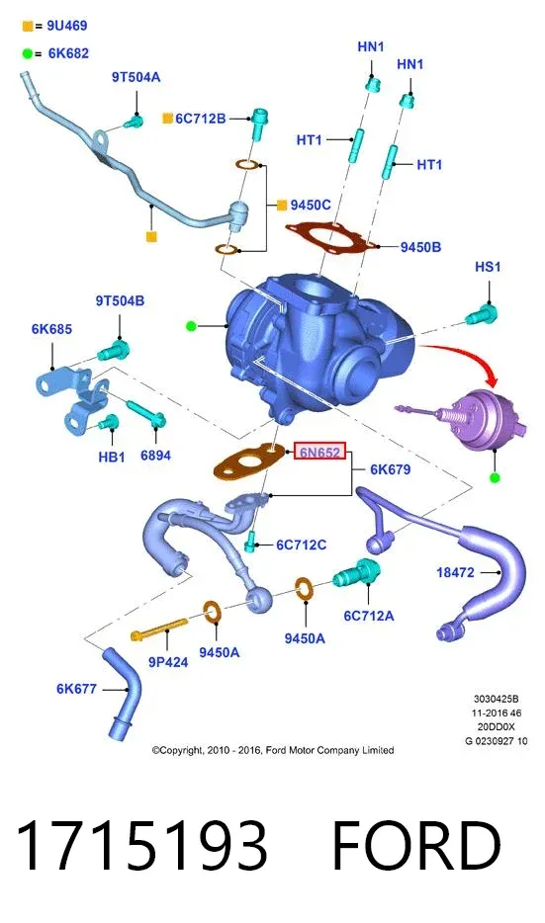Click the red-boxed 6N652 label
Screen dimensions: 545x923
point(319,452)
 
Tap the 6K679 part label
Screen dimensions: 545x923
point(390,469)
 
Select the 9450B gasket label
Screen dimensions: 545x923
point(420,247)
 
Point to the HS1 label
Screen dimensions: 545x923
point(488,267)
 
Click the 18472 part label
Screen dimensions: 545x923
point(455,571)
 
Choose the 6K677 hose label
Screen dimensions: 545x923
point(76,688)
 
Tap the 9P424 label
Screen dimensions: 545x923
point(168,662)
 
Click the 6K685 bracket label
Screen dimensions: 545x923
point(51,328)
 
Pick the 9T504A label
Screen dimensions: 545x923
point(136,77)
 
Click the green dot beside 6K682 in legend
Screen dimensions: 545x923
point(27,54)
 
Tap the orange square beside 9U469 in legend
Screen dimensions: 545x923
point(27,26)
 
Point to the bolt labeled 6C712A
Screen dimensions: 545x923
point(357,573)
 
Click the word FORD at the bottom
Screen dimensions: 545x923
point(416,845)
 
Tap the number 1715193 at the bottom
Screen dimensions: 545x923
point(141,845)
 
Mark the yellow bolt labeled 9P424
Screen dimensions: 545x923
point(159,629)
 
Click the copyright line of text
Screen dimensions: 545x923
point(273,750)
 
